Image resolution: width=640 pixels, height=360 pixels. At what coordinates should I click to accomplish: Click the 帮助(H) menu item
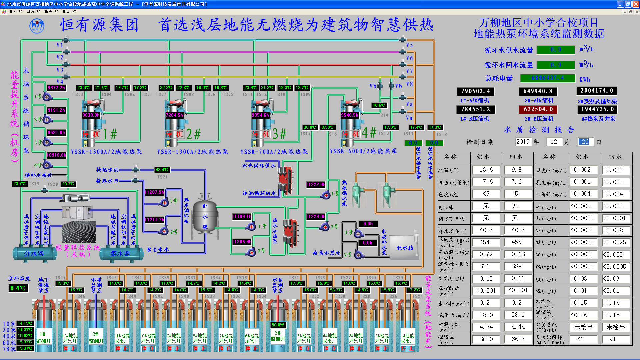pyautogui.click(x=69, y=12)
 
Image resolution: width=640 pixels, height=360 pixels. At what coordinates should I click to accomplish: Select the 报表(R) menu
pyautogui.click(x=51, y=12)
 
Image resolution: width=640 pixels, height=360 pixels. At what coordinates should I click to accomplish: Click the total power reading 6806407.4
pyautogui.click(x=548, y=78)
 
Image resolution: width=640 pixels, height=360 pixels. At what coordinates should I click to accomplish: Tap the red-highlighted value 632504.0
pyautogui.click(x=538, y=109)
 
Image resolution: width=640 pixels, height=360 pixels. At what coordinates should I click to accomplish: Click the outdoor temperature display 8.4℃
pyautogui.click(x=18, y=288)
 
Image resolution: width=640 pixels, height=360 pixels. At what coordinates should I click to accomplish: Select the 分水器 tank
pyautogui.click(x=34, y=254)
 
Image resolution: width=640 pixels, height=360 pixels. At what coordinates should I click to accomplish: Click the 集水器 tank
pyautogui.click(x=120, y=254)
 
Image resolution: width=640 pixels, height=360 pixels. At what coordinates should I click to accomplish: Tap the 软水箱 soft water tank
pyautogui.click(x=404, y=248)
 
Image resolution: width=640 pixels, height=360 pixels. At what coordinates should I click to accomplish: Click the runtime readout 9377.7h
pyautogui.click(x=56, y=88)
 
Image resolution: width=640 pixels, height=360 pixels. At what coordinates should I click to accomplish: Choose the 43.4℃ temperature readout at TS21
pyautogui.click(x=162, y=170)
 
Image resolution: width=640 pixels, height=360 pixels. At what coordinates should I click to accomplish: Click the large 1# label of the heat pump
pyautogui.click(x=110, y=134)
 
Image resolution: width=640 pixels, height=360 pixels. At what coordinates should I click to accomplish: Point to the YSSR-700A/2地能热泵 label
pyautogui.click(x=274, y=152)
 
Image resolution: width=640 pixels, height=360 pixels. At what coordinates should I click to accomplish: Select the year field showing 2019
pyautogui.click(x=523, y=142)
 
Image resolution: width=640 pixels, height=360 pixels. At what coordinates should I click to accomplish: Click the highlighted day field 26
pyautogui.click(x=585, y=142)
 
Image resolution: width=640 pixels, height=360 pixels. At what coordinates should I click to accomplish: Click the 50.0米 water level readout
pyautogui.click(x=278, y=325)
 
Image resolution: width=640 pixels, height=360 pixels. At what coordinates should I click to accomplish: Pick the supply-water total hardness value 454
pyautogui.click(x=485, y=242)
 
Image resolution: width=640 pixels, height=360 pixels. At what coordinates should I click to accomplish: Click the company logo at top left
pyautogui.click(x=37, y=26)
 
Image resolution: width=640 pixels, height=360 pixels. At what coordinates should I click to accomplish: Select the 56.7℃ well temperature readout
pyautogui.click(x=336, y=290)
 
